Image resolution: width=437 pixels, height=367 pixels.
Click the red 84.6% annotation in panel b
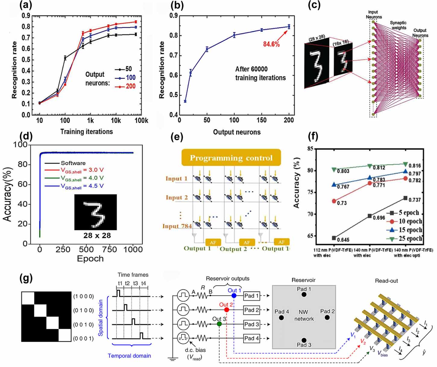(x=271, y=44)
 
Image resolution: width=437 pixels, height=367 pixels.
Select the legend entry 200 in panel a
(x=130, y=86)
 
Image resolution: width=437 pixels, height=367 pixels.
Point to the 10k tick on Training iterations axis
(x=116, y=121)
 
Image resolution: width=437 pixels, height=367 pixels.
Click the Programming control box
(x=231, y=158)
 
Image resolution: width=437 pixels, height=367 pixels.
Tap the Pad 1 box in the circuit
(x=251, y=296)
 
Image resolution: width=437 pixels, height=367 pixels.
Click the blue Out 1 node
(x=234, y=296)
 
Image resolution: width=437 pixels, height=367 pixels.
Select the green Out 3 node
(x=219, y=324)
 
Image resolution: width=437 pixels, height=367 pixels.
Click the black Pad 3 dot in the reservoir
(x=304, y=340)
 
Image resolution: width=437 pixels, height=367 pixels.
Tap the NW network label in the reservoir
(x=304, y=315)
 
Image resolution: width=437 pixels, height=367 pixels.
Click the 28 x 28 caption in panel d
(x=97, y=236)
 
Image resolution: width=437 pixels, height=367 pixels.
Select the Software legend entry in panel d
(x=73, y=163)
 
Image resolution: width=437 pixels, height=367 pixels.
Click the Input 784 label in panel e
(x=177, y=226)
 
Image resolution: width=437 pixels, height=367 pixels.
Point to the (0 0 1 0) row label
(x=83, y=325)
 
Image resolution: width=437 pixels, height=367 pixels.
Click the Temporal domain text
(x=129, y=356)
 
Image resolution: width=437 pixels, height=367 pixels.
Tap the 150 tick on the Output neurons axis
(x=261, y=120)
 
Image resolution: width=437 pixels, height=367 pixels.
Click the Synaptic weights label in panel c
(x=398, y=25)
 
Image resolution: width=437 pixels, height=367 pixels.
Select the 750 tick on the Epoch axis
(x=110, y=249)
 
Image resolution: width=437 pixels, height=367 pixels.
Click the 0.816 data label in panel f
(x=415, y=165)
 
